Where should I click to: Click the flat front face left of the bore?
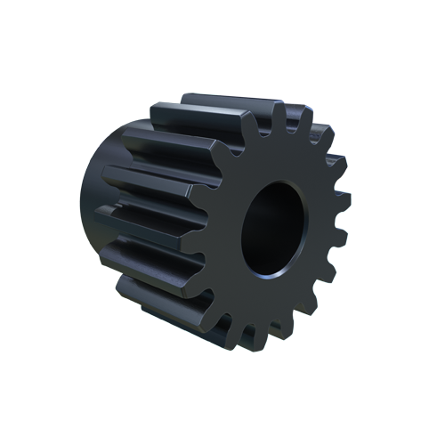(229, 231)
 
